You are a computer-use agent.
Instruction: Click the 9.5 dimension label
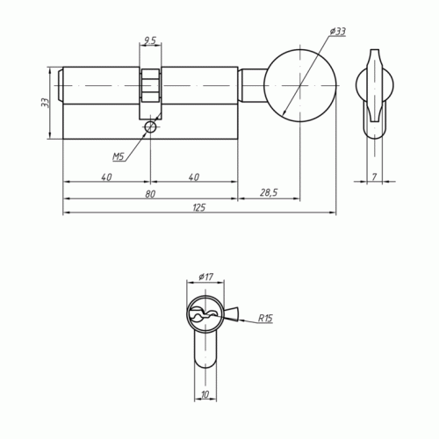pyautogui.click(x=150, y=40)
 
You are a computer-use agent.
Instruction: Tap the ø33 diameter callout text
pyautogui.click(x=337, y=32)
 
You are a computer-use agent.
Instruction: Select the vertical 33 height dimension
pyautogui.click(x=45, y=103)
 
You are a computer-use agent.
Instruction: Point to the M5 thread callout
pyautogui.click(x=119, y=157)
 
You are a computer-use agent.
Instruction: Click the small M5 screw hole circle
pyautogui.click(x=150, y=127)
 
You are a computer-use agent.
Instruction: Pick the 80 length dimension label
pyautogui.click(x=150, y=194)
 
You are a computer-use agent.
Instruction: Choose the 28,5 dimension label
pyautogui.click(x=269, y=192)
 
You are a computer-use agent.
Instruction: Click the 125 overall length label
pyautogui.click(x=199, y=207)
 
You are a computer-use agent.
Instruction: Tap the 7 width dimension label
pyautogui.click(x=374, y=176)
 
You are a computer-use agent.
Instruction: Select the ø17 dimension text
pyautogui.click(x=206, y=277)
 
